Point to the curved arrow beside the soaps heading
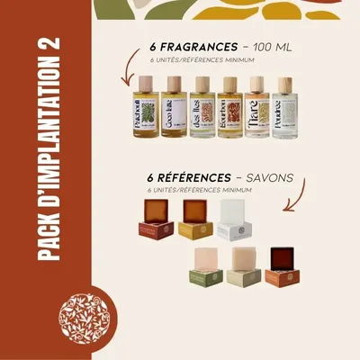point(298,196)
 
